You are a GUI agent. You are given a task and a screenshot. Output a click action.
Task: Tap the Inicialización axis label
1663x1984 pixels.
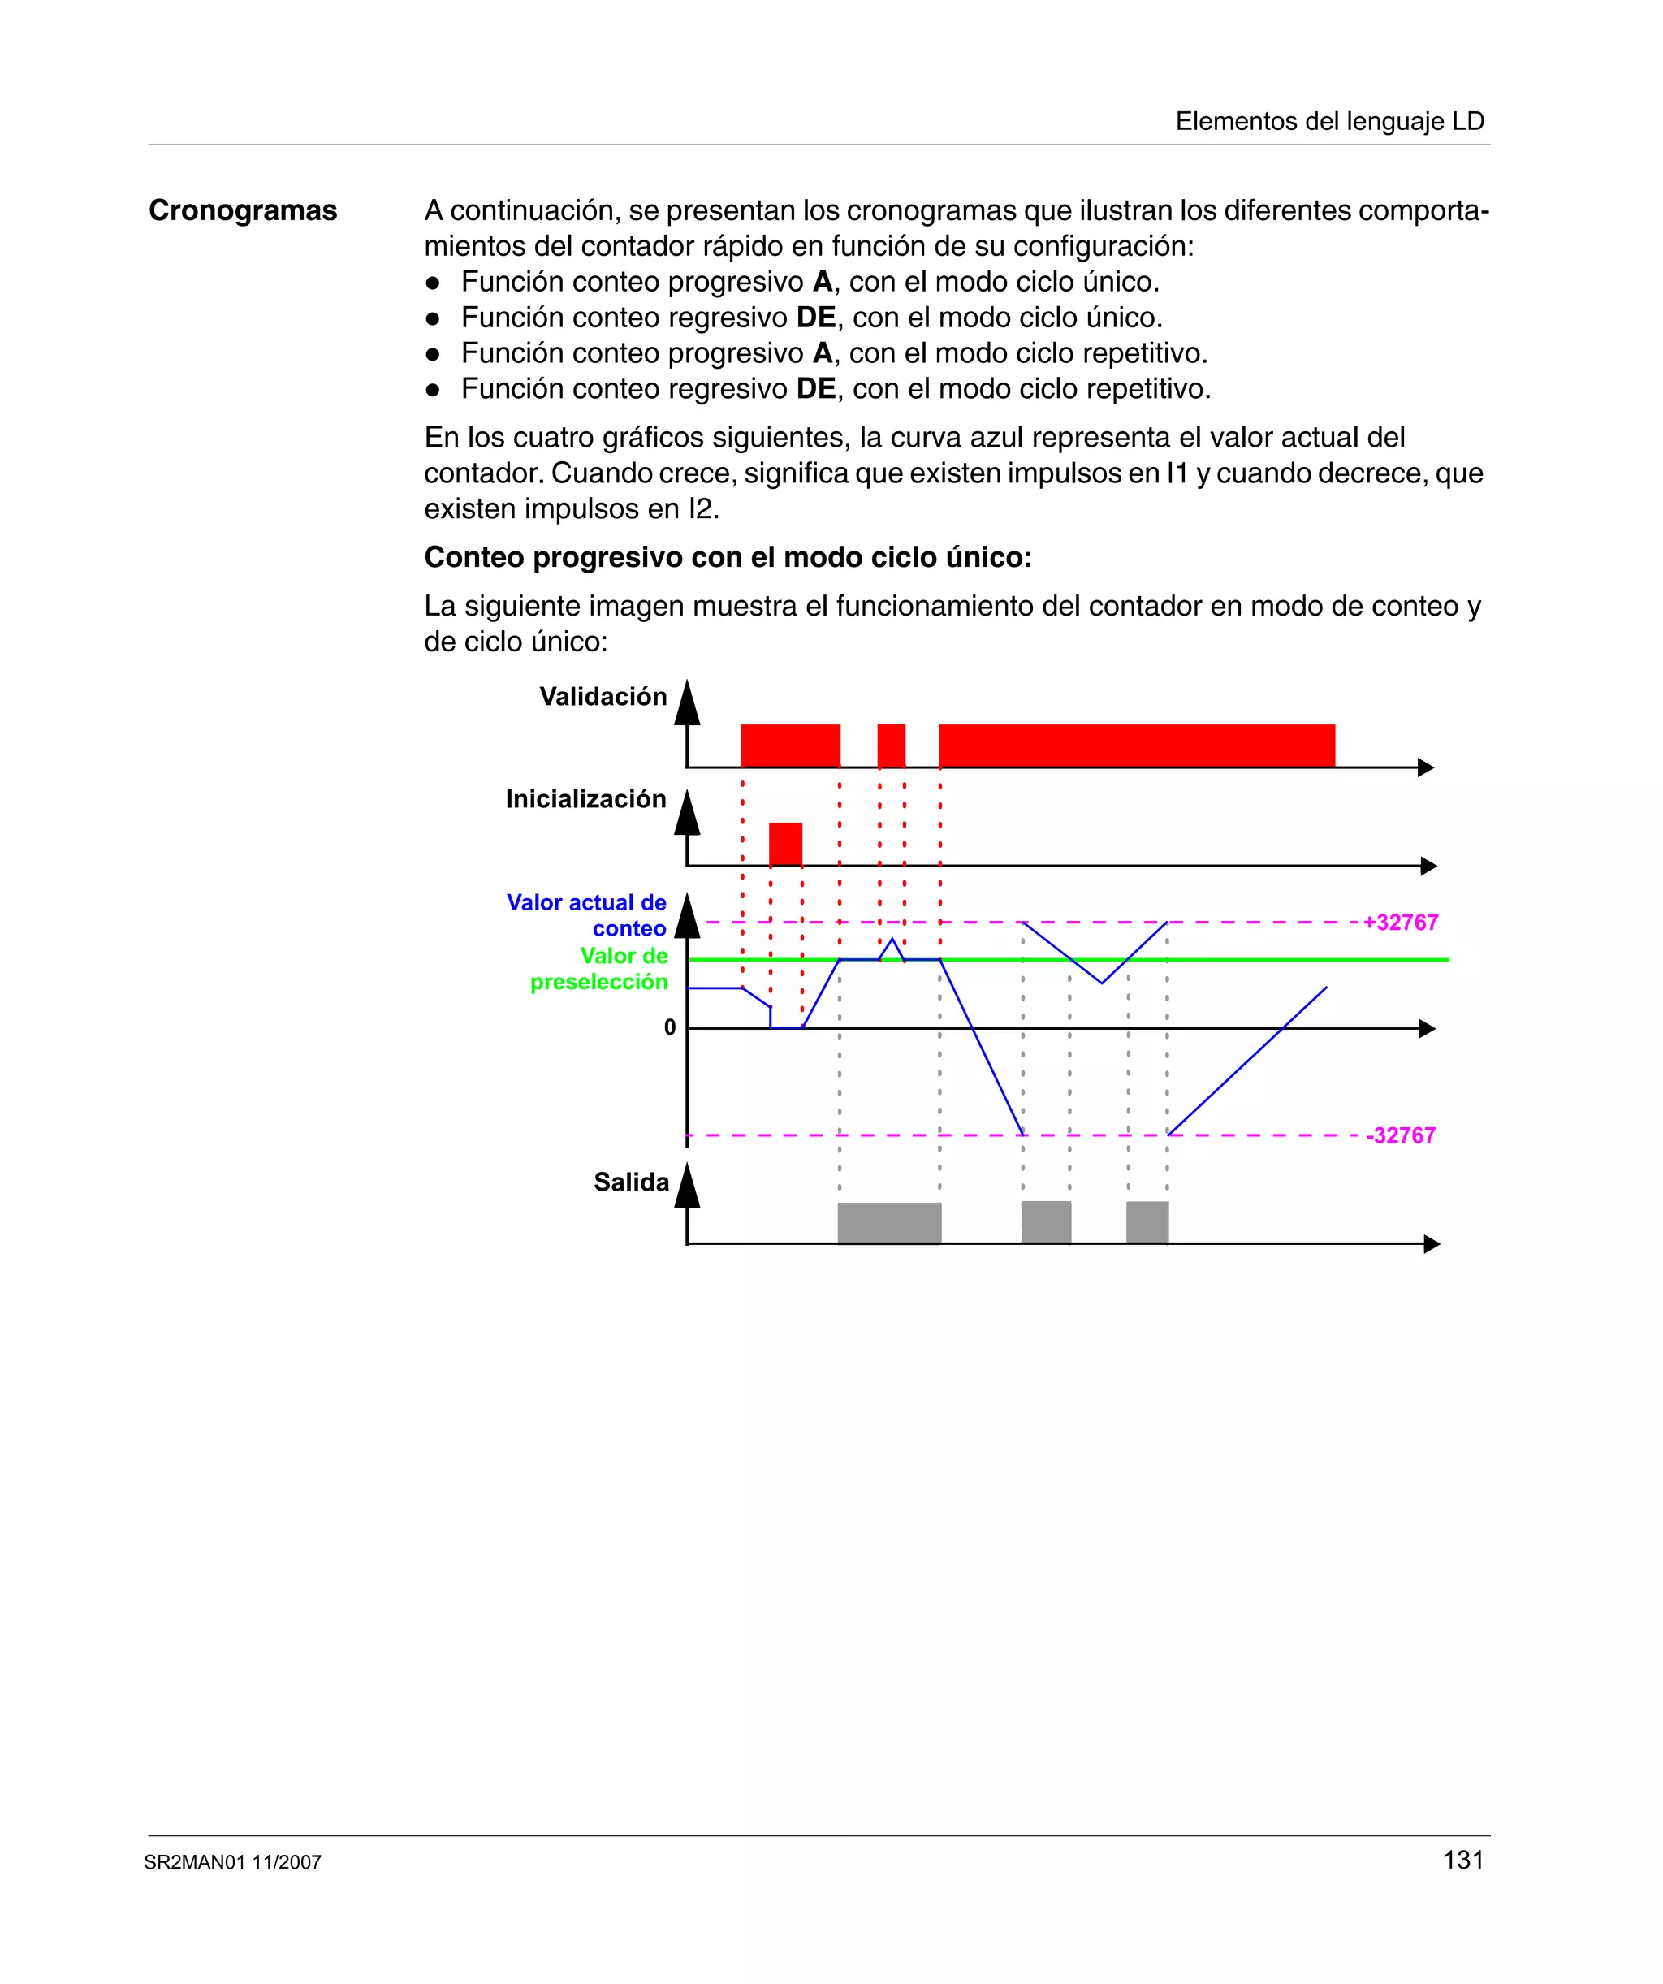pyautogui.click(x=585, y=798)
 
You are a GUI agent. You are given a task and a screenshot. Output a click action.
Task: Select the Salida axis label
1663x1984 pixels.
pyautogui.click(x=630, y=1182)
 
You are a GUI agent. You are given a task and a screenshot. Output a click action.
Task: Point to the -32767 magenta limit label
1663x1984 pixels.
pyautogui.click(x=1402, y=1135)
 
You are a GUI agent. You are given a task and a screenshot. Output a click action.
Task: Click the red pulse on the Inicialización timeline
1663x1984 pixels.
pyautogui.click(x=785, y=844)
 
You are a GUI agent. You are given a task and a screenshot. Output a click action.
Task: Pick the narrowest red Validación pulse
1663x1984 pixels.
pyautogui.click(x=891, y=746)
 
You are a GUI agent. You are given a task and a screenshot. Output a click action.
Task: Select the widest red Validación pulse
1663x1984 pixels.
pyautogui.click(x=1136, y=746)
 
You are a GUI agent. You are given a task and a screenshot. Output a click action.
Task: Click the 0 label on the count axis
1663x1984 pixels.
pyautogui.click(x=670, y=1027)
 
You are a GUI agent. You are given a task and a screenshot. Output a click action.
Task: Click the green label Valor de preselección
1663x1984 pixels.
pyautogui.click(x=599, y=970)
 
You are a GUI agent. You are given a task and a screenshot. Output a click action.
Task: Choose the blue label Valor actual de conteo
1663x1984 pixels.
pyautogui.click(x=587, y=915)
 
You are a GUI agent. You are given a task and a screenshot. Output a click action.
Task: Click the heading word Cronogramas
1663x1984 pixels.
pyautogui.click(x=243, y=210)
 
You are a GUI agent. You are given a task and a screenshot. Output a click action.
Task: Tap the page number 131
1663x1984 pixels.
pyautogui.click(x=1462, y=1861)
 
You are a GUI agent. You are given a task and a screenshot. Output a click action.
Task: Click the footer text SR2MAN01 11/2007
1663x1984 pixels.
pyautogui.click(x=232, y=1862)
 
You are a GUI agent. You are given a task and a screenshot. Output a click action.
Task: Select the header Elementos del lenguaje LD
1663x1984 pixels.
pyautogui.click(x=1329, y=121)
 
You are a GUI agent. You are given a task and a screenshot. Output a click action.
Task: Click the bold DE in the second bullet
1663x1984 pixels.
pyautogui.click(x=815, y=318)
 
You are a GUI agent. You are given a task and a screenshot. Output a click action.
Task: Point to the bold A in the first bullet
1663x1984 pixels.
pyautogui.click(x=822, y=282)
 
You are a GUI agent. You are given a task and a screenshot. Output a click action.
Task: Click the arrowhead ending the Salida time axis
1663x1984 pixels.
pyautogui.click(x=1431, y=1244)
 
